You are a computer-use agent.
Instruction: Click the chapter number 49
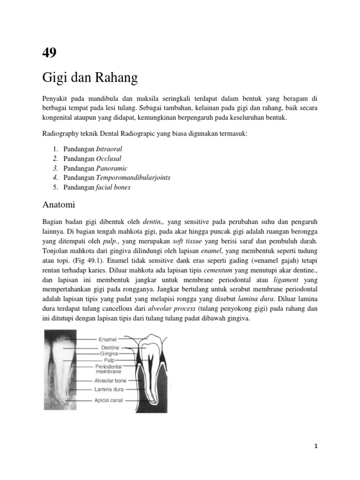(49, 52)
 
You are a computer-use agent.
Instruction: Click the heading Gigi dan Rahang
(90, 78)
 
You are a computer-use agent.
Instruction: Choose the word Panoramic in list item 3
(112, 168)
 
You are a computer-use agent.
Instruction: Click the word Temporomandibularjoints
(133, 178)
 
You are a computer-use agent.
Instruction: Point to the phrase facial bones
(113, 187)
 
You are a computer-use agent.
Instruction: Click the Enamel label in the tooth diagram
(107, 338)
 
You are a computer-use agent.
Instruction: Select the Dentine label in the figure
(110, 347)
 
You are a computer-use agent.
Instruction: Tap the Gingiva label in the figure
(109, 353)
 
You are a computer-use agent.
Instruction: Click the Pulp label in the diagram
(109, 360)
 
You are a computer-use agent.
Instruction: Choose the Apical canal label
(109, 400)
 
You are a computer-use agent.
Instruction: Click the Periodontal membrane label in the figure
(108, 369)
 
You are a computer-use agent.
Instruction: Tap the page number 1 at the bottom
(316, 446)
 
